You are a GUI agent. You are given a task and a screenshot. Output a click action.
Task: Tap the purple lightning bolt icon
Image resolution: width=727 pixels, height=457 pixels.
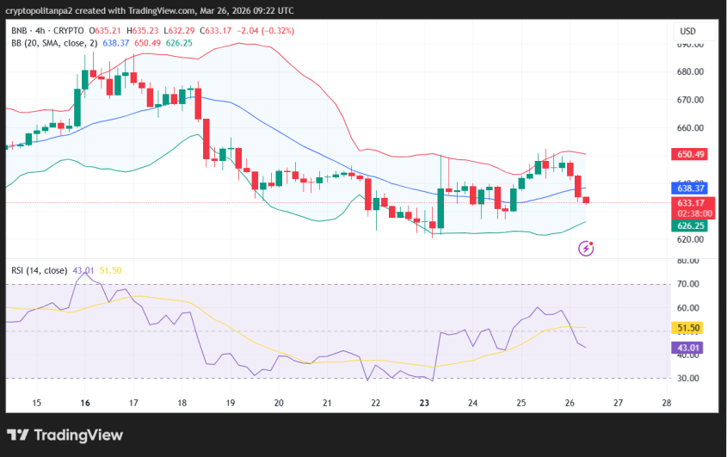coord(587,249)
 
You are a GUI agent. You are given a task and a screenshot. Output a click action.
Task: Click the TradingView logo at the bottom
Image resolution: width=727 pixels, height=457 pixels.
coord(65,435)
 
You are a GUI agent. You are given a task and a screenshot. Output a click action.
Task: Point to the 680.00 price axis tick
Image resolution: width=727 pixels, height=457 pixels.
coord(691,71)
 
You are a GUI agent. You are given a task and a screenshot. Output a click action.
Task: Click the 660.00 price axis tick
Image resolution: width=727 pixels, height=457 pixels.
coord(691,128)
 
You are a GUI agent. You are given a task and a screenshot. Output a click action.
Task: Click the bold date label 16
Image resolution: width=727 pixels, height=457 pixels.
coord(85,402)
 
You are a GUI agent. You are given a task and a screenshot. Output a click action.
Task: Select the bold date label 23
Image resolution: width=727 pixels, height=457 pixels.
coord(424,402)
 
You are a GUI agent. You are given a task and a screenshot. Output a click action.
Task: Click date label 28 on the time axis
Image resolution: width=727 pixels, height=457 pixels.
coord(667,402)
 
